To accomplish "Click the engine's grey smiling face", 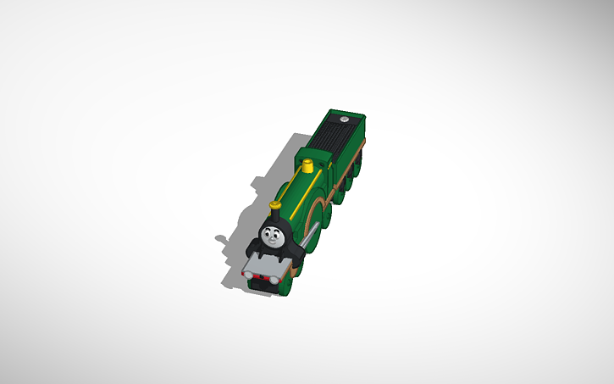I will [271, 236].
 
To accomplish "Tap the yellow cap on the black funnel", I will [274, 204].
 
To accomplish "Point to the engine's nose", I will [270, 237].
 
